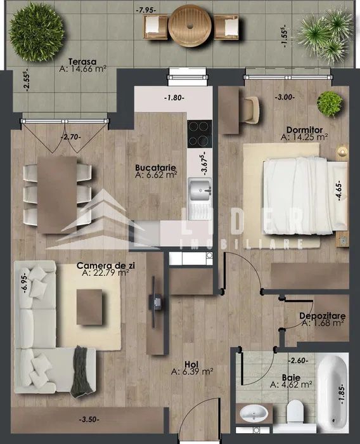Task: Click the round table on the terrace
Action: click(x=190, y=26)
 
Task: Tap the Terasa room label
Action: click(x=82, y=62)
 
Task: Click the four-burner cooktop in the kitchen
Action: click(x=200, y=134)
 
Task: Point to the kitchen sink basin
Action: click(x=200, y=190)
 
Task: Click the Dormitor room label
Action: click(x=304, y=130)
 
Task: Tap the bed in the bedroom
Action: click(x=305, y=196)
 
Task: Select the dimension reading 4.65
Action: click(x=339, y=192)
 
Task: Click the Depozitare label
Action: click(x=322, y=316)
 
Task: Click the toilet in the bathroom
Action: click(x=295, y=412)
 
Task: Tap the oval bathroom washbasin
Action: click(x=254, y=414)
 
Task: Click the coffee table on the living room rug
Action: click(x=89, y=307)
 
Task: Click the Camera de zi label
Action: click(x=106, y=266)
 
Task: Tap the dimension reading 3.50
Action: click(x=89, y=419)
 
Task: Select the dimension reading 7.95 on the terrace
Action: click(x=146, y=10)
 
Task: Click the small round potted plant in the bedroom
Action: click(x=330, y=103)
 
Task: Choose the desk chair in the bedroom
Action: click(x=251, y=110)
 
